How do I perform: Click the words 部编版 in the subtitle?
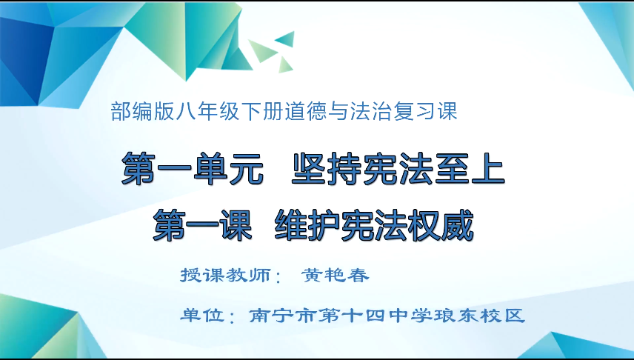point(140,112)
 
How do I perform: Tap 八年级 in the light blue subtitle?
point(201,112)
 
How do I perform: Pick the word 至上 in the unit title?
point(470,170)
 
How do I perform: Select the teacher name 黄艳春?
point(335,275)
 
